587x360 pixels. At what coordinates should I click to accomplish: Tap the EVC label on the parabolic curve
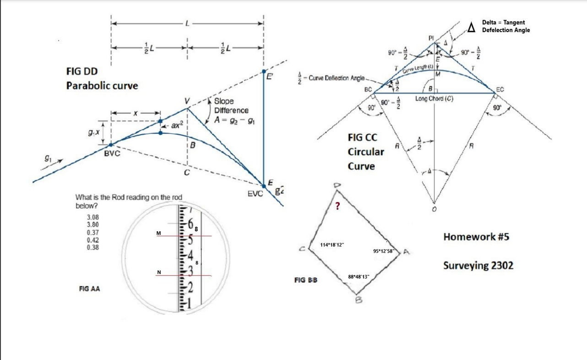click(x=255, y=194)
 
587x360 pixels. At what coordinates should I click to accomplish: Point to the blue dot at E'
click(x=264, y=71)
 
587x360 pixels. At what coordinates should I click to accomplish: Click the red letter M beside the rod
click(x=158, y=233)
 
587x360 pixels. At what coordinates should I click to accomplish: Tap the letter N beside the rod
click(x=159, y=273)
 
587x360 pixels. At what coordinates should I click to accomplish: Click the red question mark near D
click(x=337, y=207)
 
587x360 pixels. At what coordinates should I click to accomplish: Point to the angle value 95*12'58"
click(x=386, y=251)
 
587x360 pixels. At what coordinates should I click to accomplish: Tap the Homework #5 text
click(x=476, y=237)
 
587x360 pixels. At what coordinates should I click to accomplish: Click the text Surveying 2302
click(x=478, y=266)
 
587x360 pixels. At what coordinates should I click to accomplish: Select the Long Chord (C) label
click(x=434, y=98)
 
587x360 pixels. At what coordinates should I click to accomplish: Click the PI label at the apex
click(x=431, y=38)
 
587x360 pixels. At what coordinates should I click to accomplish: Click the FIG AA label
click(x=90, y=289)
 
